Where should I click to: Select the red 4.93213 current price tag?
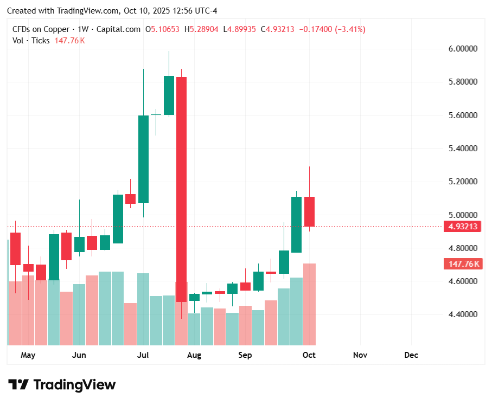[x=462, y=227]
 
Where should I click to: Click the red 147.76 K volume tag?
[x=462, y=264]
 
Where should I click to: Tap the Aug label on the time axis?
[x=194, y=355]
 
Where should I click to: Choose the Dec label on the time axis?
[x=411, y=355]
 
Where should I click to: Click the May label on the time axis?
[x=28, y=355]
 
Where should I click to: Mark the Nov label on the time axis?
[x=360, y=355]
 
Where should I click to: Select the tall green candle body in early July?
[x=143, y=159]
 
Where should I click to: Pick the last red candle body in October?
[x=309, y=211]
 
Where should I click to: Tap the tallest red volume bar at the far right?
[x=309, y=304]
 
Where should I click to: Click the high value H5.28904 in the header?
[x=201, y=29]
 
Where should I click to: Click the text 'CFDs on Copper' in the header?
[x=41, y=29]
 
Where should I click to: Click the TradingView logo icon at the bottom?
[x=19, y=385]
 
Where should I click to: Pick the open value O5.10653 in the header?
[x=162, y=29]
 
